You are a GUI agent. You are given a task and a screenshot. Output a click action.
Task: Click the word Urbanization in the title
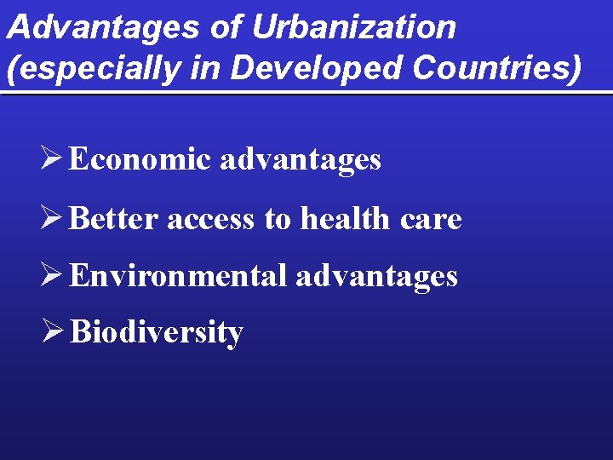(354, 27)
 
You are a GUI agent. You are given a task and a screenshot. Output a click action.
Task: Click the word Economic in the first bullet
(139, 159)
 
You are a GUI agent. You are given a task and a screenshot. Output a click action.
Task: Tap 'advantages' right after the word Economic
(301, 160)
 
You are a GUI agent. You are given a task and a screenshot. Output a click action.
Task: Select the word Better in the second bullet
(114, 219)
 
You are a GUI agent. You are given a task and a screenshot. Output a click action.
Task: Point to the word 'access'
(210, 220)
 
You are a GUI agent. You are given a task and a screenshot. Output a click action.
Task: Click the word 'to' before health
(278, 220)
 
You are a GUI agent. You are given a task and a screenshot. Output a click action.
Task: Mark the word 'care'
(430, 221)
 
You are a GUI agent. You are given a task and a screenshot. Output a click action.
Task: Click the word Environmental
(178, 275)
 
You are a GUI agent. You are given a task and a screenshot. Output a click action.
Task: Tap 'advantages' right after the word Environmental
(376, 276)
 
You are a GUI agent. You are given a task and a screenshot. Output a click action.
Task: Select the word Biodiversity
(157, 332)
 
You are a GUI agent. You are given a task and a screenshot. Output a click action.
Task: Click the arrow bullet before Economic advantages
(54, 159)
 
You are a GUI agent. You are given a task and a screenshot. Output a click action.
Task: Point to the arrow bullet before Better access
(54, 219)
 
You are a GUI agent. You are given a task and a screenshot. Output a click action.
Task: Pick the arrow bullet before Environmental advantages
(54, 275)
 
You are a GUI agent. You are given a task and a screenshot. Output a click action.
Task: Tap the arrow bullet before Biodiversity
(54, 331)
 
